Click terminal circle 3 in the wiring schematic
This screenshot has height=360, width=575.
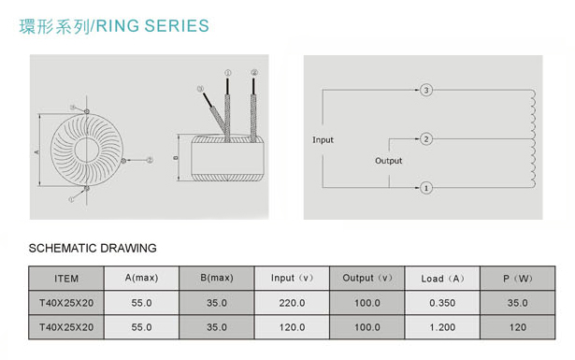(425, 90)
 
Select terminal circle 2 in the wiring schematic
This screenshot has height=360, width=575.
(425, 139)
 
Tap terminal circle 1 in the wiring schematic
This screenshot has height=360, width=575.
(425, 188)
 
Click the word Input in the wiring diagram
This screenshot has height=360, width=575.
(323, 140)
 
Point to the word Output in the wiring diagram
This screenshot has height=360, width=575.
(388, 161)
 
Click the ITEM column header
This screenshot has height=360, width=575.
(66, 279)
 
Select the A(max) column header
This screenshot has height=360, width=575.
(141, 278)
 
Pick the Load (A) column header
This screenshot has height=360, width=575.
(442, 279)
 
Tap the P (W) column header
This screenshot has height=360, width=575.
(517, 279)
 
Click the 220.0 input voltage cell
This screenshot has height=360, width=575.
(292, 303)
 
